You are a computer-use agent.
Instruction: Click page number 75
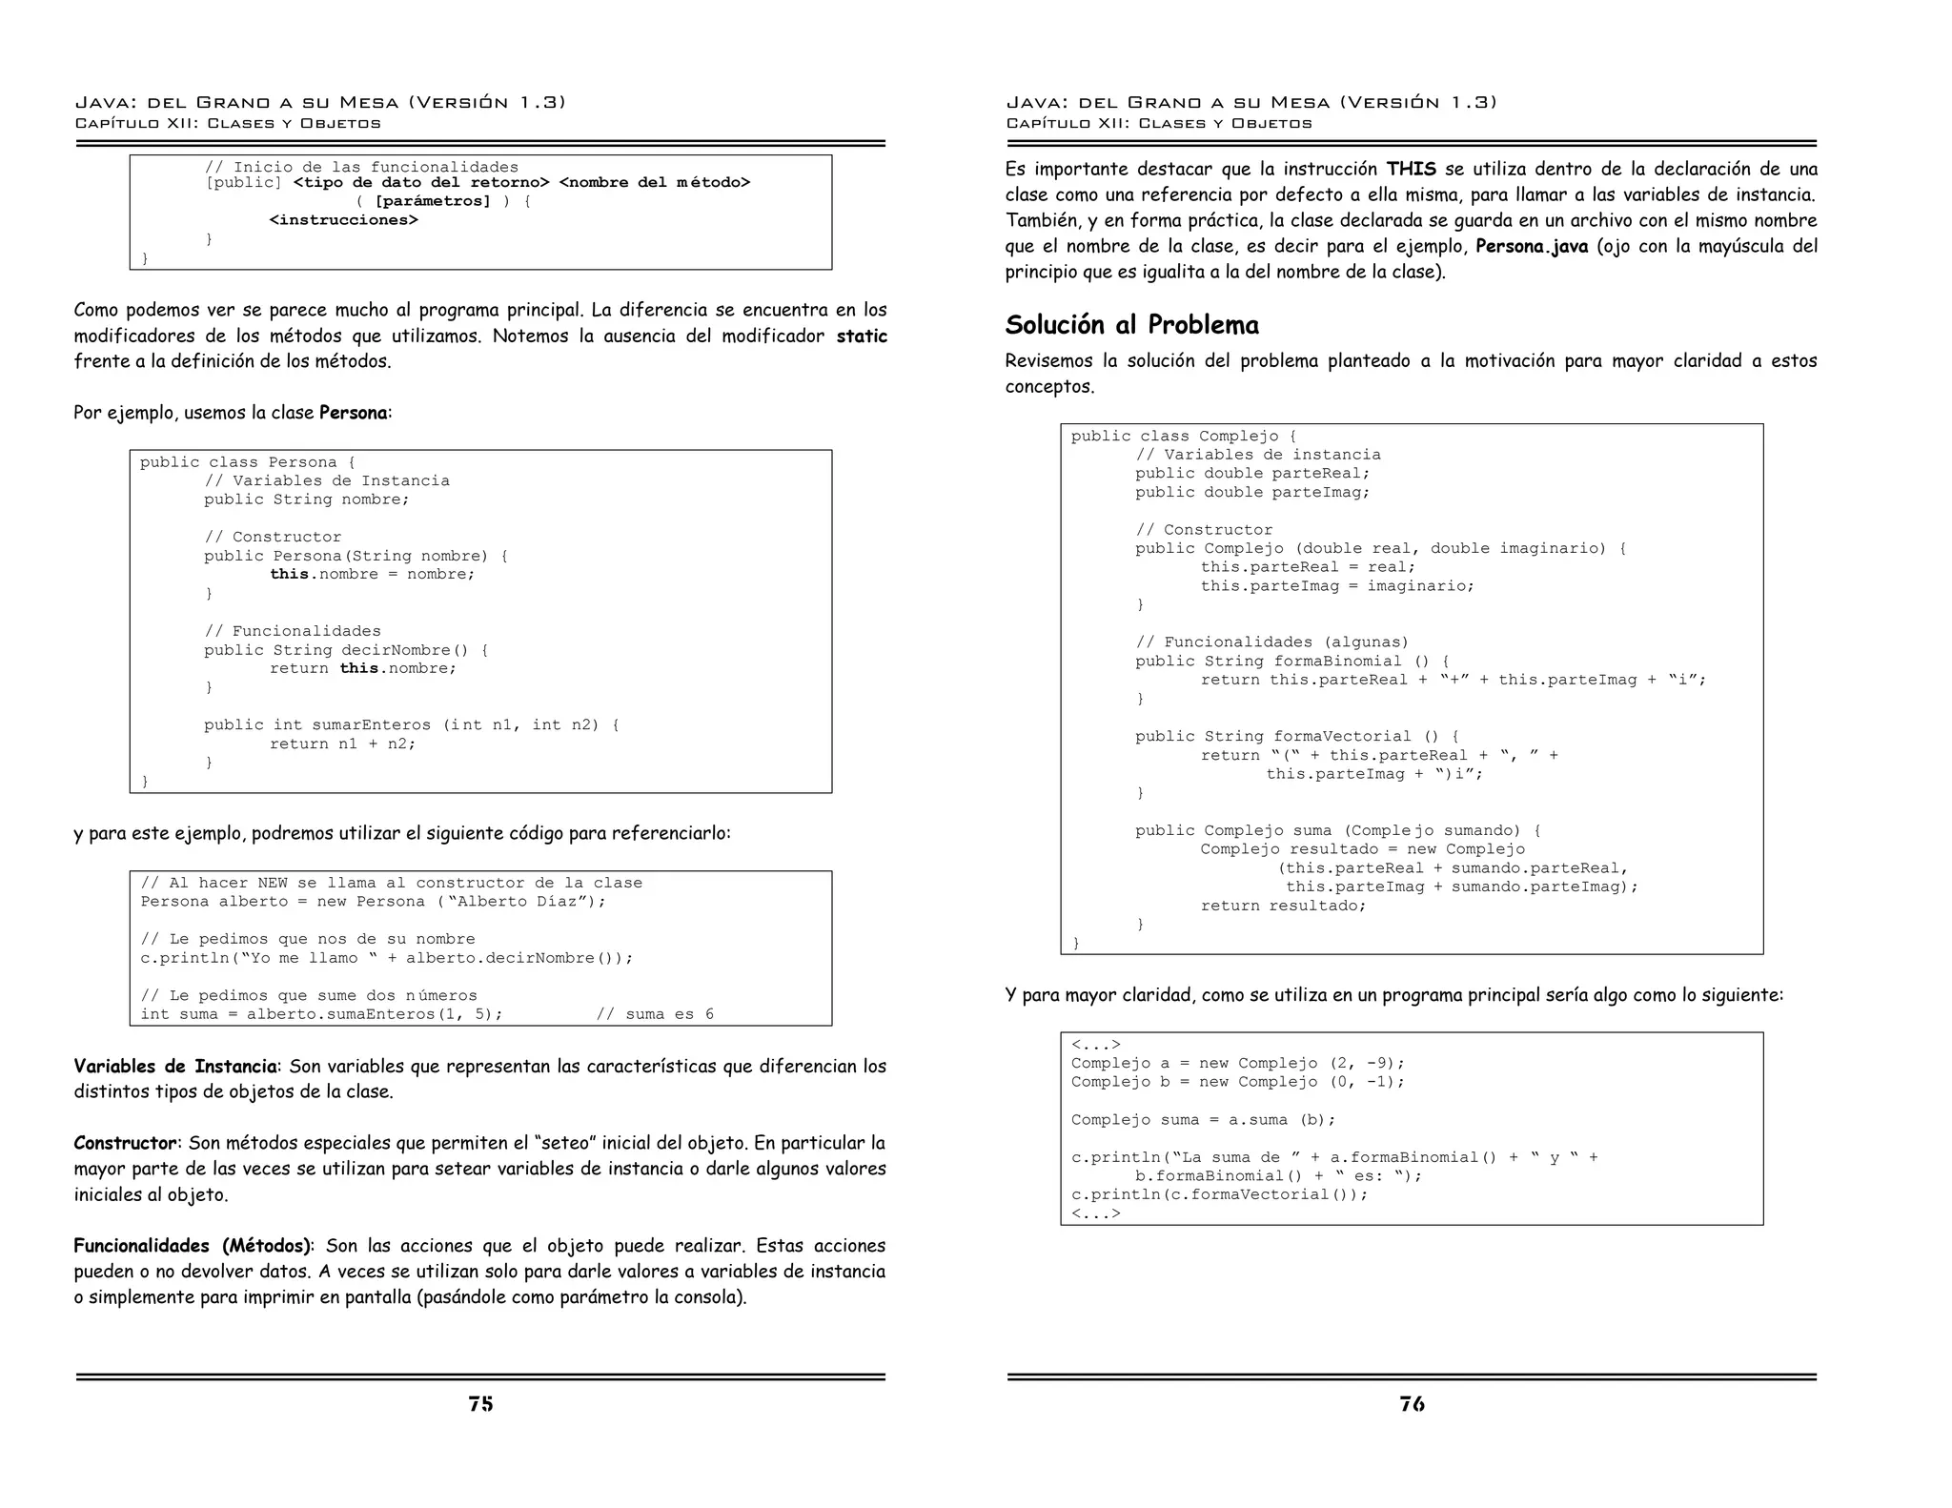pyautogui.click(x=480, y=1403)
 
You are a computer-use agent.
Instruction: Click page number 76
pyautogui.click(x=1412, y=1403)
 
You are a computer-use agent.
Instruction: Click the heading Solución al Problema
pyautogui.click(x=1131, y=325)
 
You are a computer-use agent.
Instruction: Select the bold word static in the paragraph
pyautogui.click(x=862, y=336)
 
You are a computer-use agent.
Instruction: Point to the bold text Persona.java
pyautogui.click(x=1532, y=246)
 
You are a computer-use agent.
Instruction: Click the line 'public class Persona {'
pyautogui.click(x=248, y=462)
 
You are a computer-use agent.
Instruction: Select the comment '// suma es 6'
pyautogui.click(x=655, y=1014)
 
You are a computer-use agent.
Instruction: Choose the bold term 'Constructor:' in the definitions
pyautogui.click(x=126, y=1143)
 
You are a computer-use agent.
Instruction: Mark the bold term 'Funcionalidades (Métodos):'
pyautogui.click(x=193, y=1246)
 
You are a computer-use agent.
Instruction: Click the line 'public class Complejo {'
pyautogui.click(x=1183, y=437)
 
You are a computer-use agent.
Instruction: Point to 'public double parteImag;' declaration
pyautogui.click(x=1251, y=492)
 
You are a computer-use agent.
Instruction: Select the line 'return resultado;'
pyautogui.click(x=1283, y=906)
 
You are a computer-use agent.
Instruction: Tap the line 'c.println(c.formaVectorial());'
pyautogui.click(x=1219, y=1194)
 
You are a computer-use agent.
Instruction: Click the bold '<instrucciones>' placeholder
pyautogui.click(x=343, y=220)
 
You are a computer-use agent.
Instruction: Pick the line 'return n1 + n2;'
pyautogui.click(x=342, y=744)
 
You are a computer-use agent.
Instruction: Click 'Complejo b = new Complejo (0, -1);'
pyautogui.click(x=1237, y=1082)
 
